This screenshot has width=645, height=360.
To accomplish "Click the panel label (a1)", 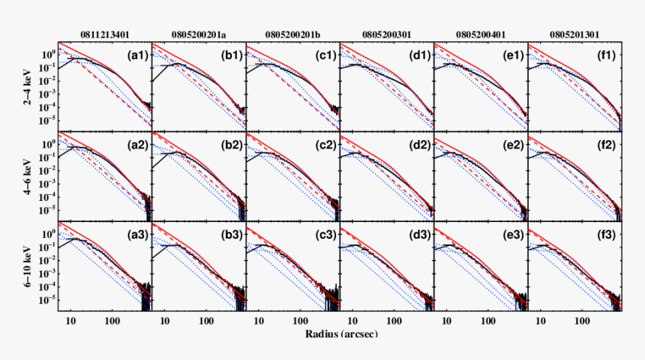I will coord(137,55).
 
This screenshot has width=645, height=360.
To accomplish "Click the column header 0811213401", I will coord(105,34).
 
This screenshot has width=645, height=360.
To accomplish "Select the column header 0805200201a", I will coord(199,34).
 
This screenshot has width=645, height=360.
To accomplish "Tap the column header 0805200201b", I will coord(292,34).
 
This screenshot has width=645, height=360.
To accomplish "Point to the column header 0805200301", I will coord(386,34).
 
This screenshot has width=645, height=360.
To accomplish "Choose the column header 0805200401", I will coord(480,34).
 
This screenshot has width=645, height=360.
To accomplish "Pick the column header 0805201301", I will coord(574,34).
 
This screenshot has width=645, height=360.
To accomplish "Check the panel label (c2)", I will coord(325,145).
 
